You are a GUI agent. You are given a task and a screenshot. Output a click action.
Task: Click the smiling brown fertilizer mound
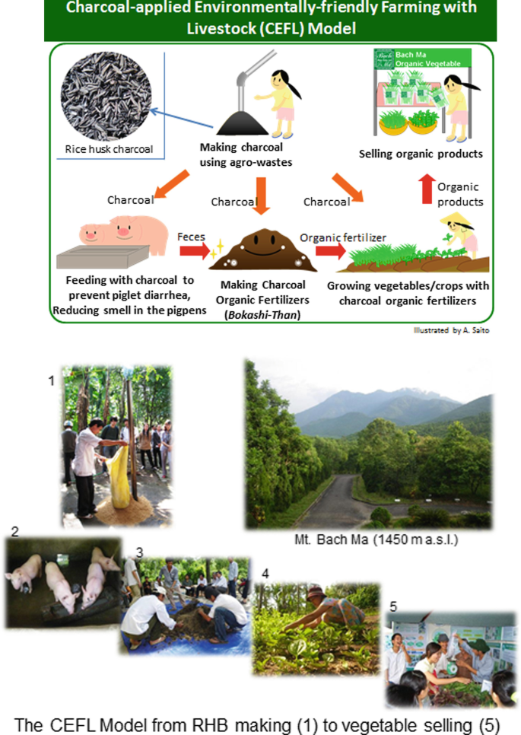(x=262, y=251)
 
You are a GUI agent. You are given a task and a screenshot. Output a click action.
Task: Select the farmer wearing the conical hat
(x=459, y=233)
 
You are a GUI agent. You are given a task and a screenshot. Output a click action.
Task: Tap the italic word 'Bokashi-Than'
(x=262, y=311)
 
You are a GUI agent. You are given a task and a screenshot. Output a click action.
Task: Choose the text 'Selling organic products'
(x=421, y=154)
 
